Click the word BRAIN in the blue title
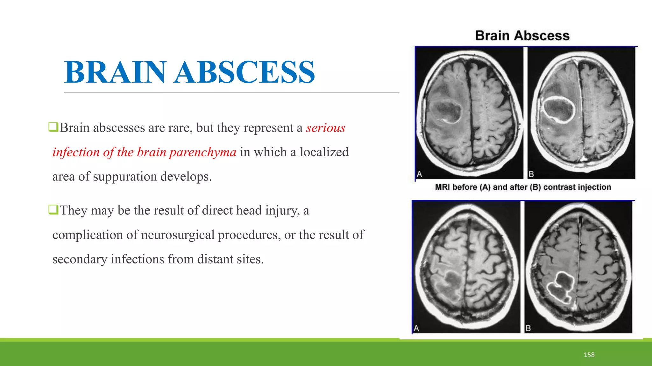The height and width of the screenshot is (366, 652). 115,72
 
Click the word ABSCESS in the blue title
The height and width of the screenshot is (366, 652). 244,72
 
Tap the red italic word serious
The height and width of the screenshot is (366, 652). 325,128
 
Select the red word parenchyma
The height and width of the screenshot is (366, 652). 203,152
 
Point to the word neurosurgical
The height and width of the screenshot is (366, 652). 178,235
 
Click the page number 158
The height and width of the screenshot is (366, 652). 589,355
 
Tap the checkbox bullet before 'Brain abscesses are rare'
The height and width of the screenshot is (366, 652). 53,127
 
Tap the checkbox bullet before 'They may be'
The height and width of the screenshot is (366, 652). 53,210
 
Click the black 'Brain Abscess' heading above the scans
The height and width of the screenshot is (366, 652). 522,36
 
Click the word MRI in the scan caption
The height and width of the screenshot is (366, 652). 442,187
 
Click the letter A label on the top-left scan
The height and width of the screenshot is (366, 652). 420,174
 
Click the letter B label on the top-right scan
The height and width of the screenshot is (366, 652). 531,174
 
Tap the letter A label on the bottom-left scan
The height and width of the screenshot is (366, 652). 416,328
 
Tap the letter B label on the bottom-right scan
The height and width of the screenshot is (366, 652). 528,328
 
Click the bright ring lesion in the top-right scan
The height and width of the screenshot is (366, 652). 558,109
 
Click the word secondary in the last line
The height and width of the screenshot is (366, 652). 80,260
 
